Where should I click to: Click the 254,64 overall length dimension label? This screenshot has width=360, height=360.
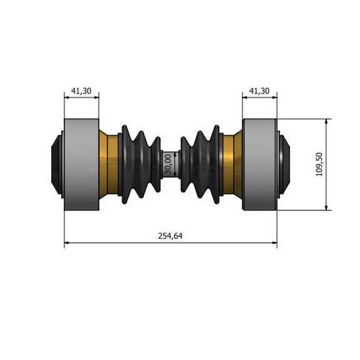pos(170,236)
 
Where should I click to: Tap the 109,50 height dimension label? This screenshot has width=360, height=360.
pos(319,164)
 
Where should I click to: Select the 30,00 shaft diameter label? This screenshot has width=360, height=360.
pos(168,164)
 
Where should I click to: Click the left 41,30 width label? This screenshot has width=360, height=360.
pos(81,91)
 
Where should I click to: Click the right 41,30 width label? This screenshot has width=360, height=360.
pos(259,91)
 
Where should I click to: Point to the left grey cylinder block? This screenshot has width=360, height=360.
pos(81,164)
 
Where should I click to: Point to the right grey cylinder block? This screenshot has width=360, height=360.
pos(260,164)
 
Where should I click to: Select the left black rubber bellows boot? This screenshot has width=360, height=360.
pos(140,164)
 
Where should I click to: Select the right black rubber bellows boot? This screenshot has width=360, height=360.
pos(200,164)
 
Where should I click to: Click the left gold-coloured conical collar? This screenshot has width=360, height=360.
pos(109,164)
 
